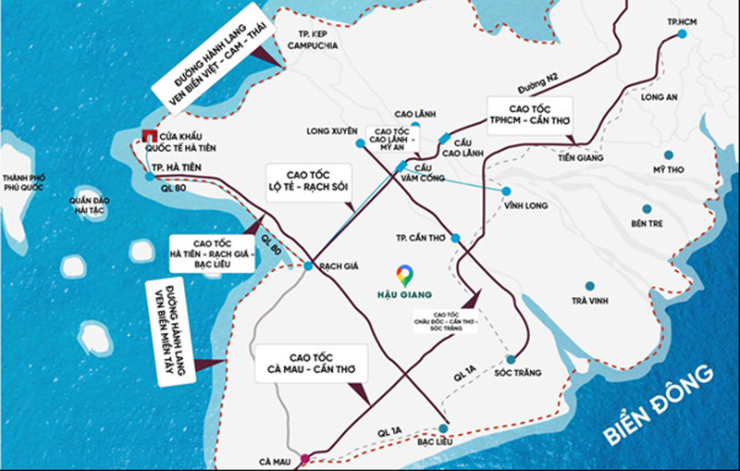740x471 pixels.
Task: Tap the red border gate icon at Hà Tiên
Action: [146, 139]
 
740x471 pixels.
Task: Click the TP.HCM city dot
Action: [682, 34]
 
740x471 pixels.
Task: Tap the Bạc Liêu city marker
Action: [445, 428]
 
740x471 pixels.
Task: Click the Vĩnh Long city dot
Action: [508, 192]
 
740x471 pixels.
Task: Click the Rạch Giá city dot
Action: [308, 266]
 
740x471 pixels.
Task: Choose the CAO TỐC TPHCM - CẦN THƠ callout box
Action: [528, 117]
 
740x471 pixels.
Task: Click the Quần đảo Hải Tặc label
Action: [95, 205]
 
